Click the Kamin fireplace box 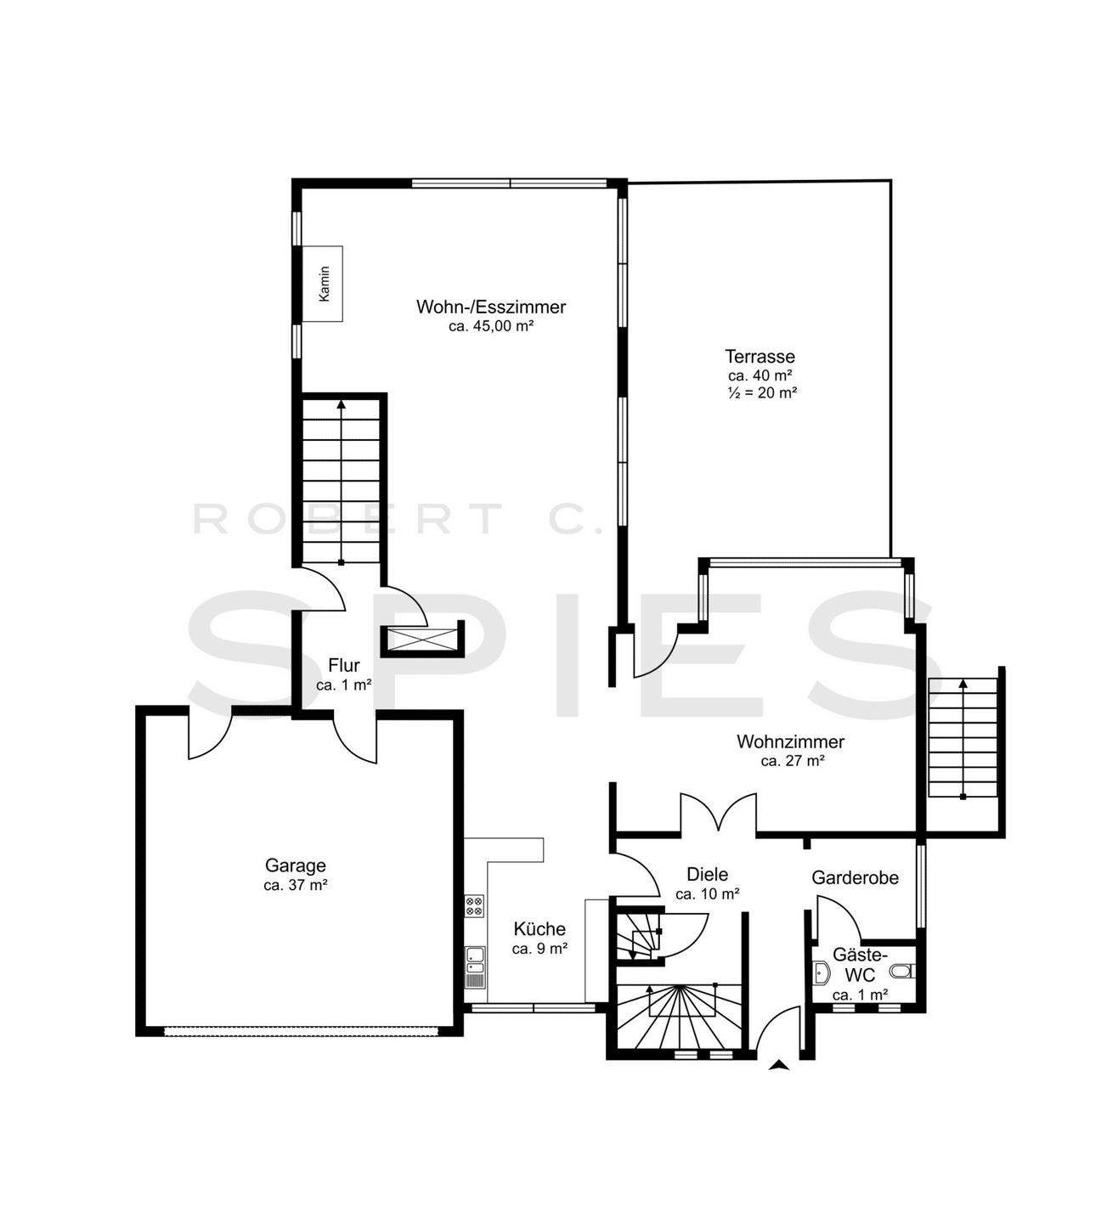pos(322,284)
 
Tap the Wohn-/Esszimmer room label pos(491,307)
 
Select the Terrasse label pos(760,356)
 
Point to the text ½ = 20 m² pos(762,392)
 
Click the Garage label pos(295,865)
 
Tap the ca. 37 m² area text pos(296,885)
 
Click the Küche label pos(539,929)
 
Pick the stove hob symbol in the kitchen pos(474,905)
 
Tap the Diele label pos(708,874)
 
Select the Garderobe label pos(856,877)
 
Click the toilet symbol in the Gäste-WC pos(903,971)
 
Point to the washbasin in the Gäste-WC pos(822,973)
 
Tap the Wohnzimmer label pos(790,742)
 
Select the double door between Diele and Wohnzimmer pos(719,812)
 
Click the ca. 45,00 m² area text pos(491,326)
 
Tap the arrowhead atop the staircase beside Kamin pos(341,403)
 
